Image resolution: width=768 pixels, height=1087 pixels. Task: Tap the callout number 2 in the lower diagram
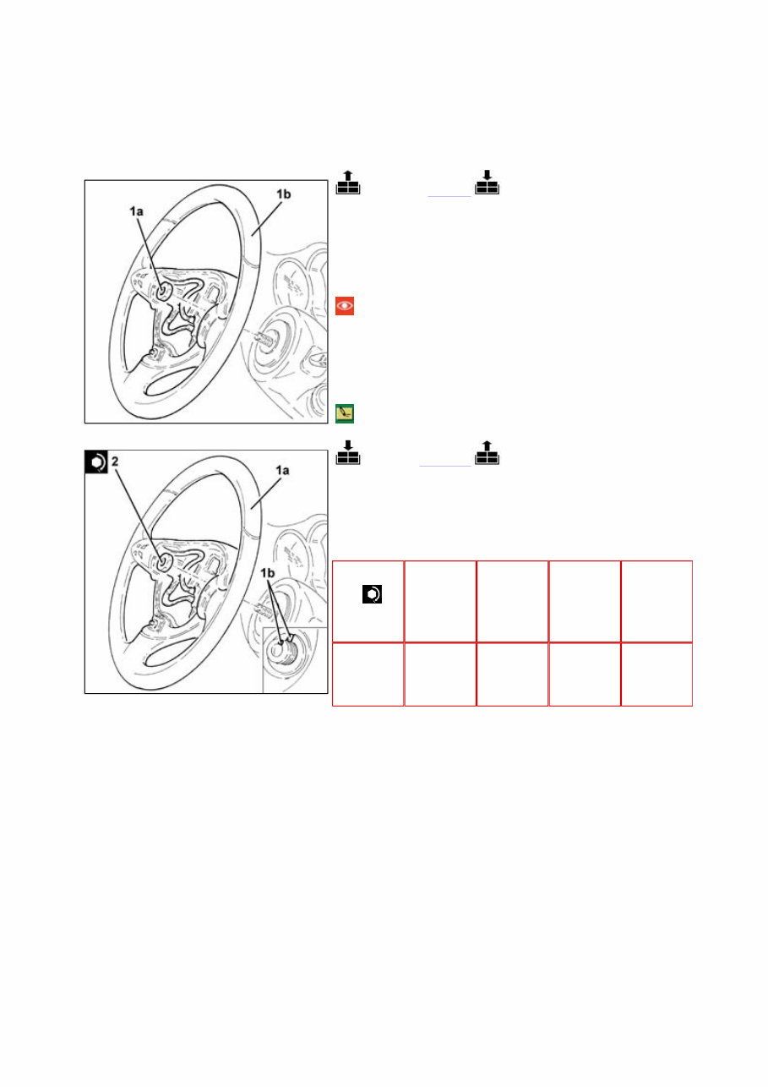115,462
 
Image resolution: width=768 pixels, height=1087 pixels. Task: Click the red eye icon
345,306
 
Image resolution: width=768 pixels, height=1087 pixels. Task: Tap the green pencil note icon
345,412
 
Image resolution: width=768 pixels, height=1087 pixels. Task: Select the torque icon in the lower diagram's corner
95,462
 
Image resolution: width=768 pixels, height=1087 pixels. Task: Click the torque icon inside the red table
370,595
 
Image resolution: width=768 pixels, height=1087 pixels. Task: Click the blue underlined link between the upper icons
449,194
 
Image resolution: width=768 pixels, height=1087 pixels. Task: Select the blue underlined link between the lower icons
445,466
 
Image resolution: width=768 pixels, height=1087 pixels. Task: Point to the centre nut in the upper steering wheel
161,290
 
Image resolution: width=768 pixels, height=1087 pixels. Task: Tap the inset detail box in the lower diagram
294,660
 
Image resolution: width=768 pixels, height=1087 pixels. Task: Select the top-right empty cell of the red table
656,601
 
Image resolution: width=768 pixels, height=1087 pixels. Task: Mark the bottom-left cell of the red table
368,674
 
